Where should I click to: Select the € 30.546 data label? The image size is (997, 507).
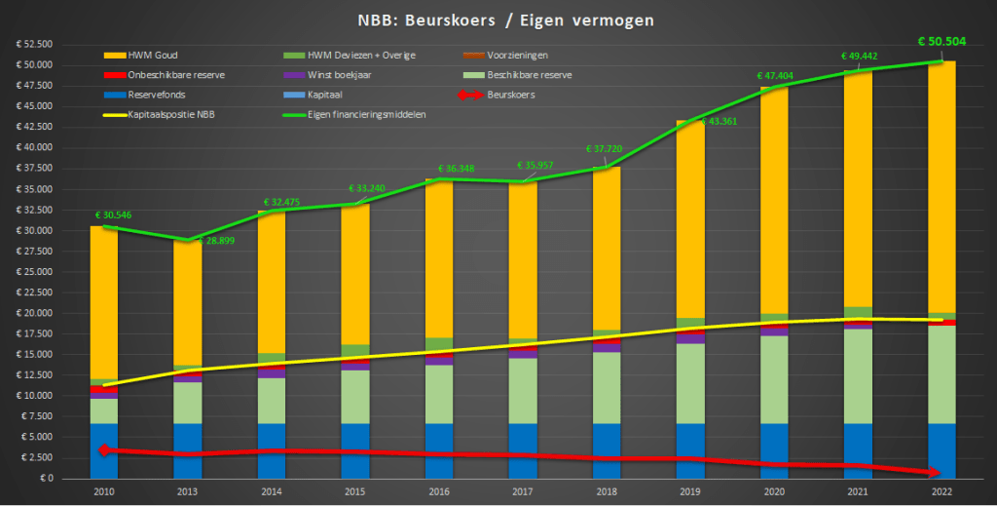[x=112, y=214]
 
